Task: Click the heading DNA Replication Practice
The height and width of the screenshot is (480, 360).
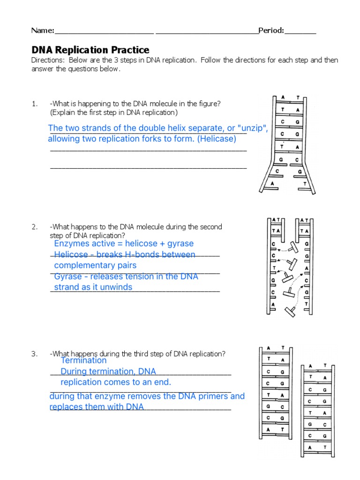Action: [x=90, y=50]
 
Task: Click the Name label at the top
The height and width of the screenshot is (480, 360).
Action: [x=43, y=30]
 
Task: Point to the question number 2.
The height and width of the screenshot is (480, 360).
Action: [x=34, y=227]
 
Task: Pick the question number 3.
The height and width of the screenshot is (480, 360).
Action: [x=34, y=354]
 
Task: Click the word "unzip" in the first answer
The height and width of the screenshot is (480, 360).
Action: [x=252, y=128]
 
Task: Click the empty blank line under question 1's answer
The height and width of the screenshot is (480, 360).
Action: [x=148, y=167]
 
